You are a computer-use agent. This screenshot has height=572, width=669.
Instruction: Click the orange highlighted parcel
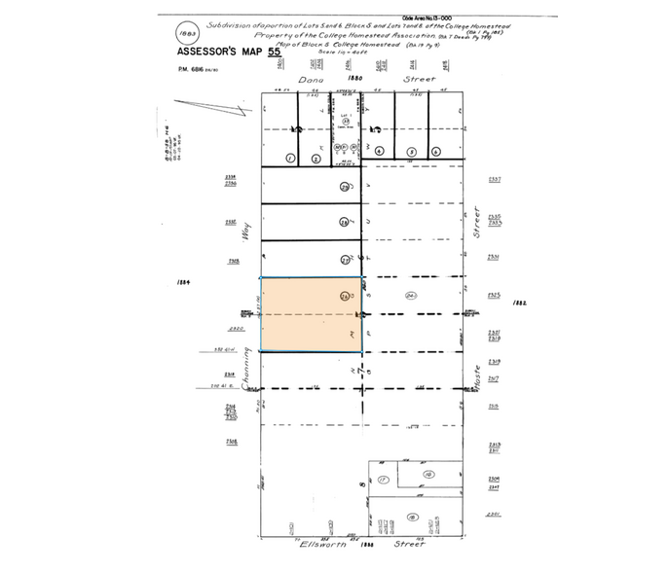(311, 315)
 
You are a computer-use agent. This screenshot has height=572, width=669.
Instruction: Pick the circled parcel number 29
(344, 188)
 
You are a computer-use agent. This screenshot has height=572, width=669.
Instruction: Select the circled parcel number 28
(344, 224)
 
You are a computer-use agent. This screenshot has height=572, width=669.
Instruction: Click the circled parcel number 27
(344, 260)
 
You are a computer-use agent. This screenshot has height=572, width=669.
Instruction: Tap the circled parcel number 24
(412, 297)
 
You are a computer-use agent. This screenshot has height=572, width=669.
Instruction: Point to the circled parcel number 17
(385, 480)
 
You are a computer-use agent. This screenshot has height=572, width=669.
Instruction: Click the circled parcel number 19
(427, 474)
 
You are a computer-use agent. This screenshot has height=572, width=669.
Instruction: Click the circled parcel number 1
(288, 158)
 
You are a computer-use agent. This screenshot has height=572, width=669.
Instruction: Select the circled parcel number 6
(436, 152)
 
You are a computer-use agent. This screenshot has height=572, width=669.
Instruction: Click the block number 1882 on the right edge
(519, 303)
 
